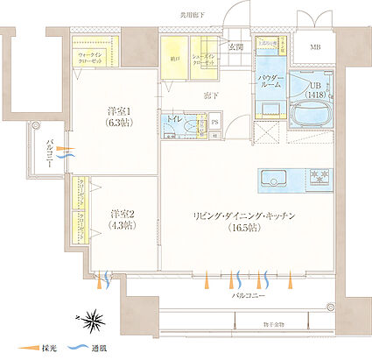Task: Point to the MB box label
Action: point(314,46)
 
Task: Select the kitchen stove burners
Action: point(316,179)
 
